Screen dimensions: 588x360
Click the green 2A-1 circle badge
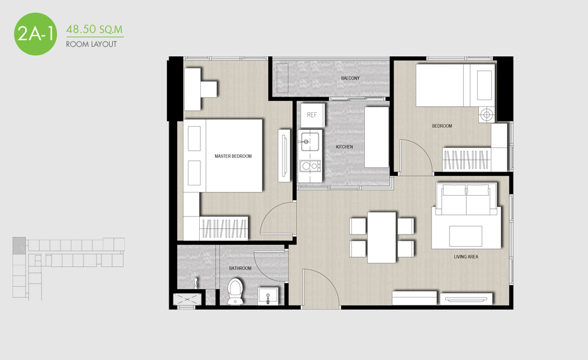click(35, 34)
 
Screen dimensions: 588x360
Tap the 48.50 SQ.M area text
click(95, 29)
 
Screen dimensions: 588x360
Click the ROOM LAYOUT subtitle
click(91, 44)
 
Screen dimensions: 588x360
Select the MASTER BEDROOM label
click(233, 156)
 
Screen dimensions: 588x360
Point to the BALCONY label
click(350, 78)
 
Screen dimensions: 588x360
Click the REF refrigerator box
click(312, 115)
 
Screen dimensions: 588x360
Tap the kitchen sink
click(310, 141)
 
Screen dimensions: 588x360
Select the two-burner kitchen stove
click(310, 166)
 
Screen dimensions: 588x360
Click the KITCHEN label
click(344, 146)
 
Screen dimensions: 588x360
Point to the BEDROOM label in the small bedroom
click(442, 126)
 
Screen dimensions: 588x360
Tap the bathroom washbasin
click(268, 296)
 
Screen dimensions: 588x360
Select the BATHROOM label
click(240, 268)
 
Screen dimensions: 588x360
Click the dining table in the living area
click(382, 238)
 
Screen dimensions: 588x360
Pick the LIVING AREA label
click(466, 257)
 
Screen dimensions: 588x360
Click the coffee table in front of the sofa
click(466, 236)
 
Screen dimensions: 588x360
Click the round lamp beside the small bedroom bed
click(487, 115)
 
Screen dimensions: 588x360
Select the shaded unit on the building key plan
click(19, 245)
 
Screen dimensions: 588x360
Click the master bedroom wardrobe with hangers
click(224, 228)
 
